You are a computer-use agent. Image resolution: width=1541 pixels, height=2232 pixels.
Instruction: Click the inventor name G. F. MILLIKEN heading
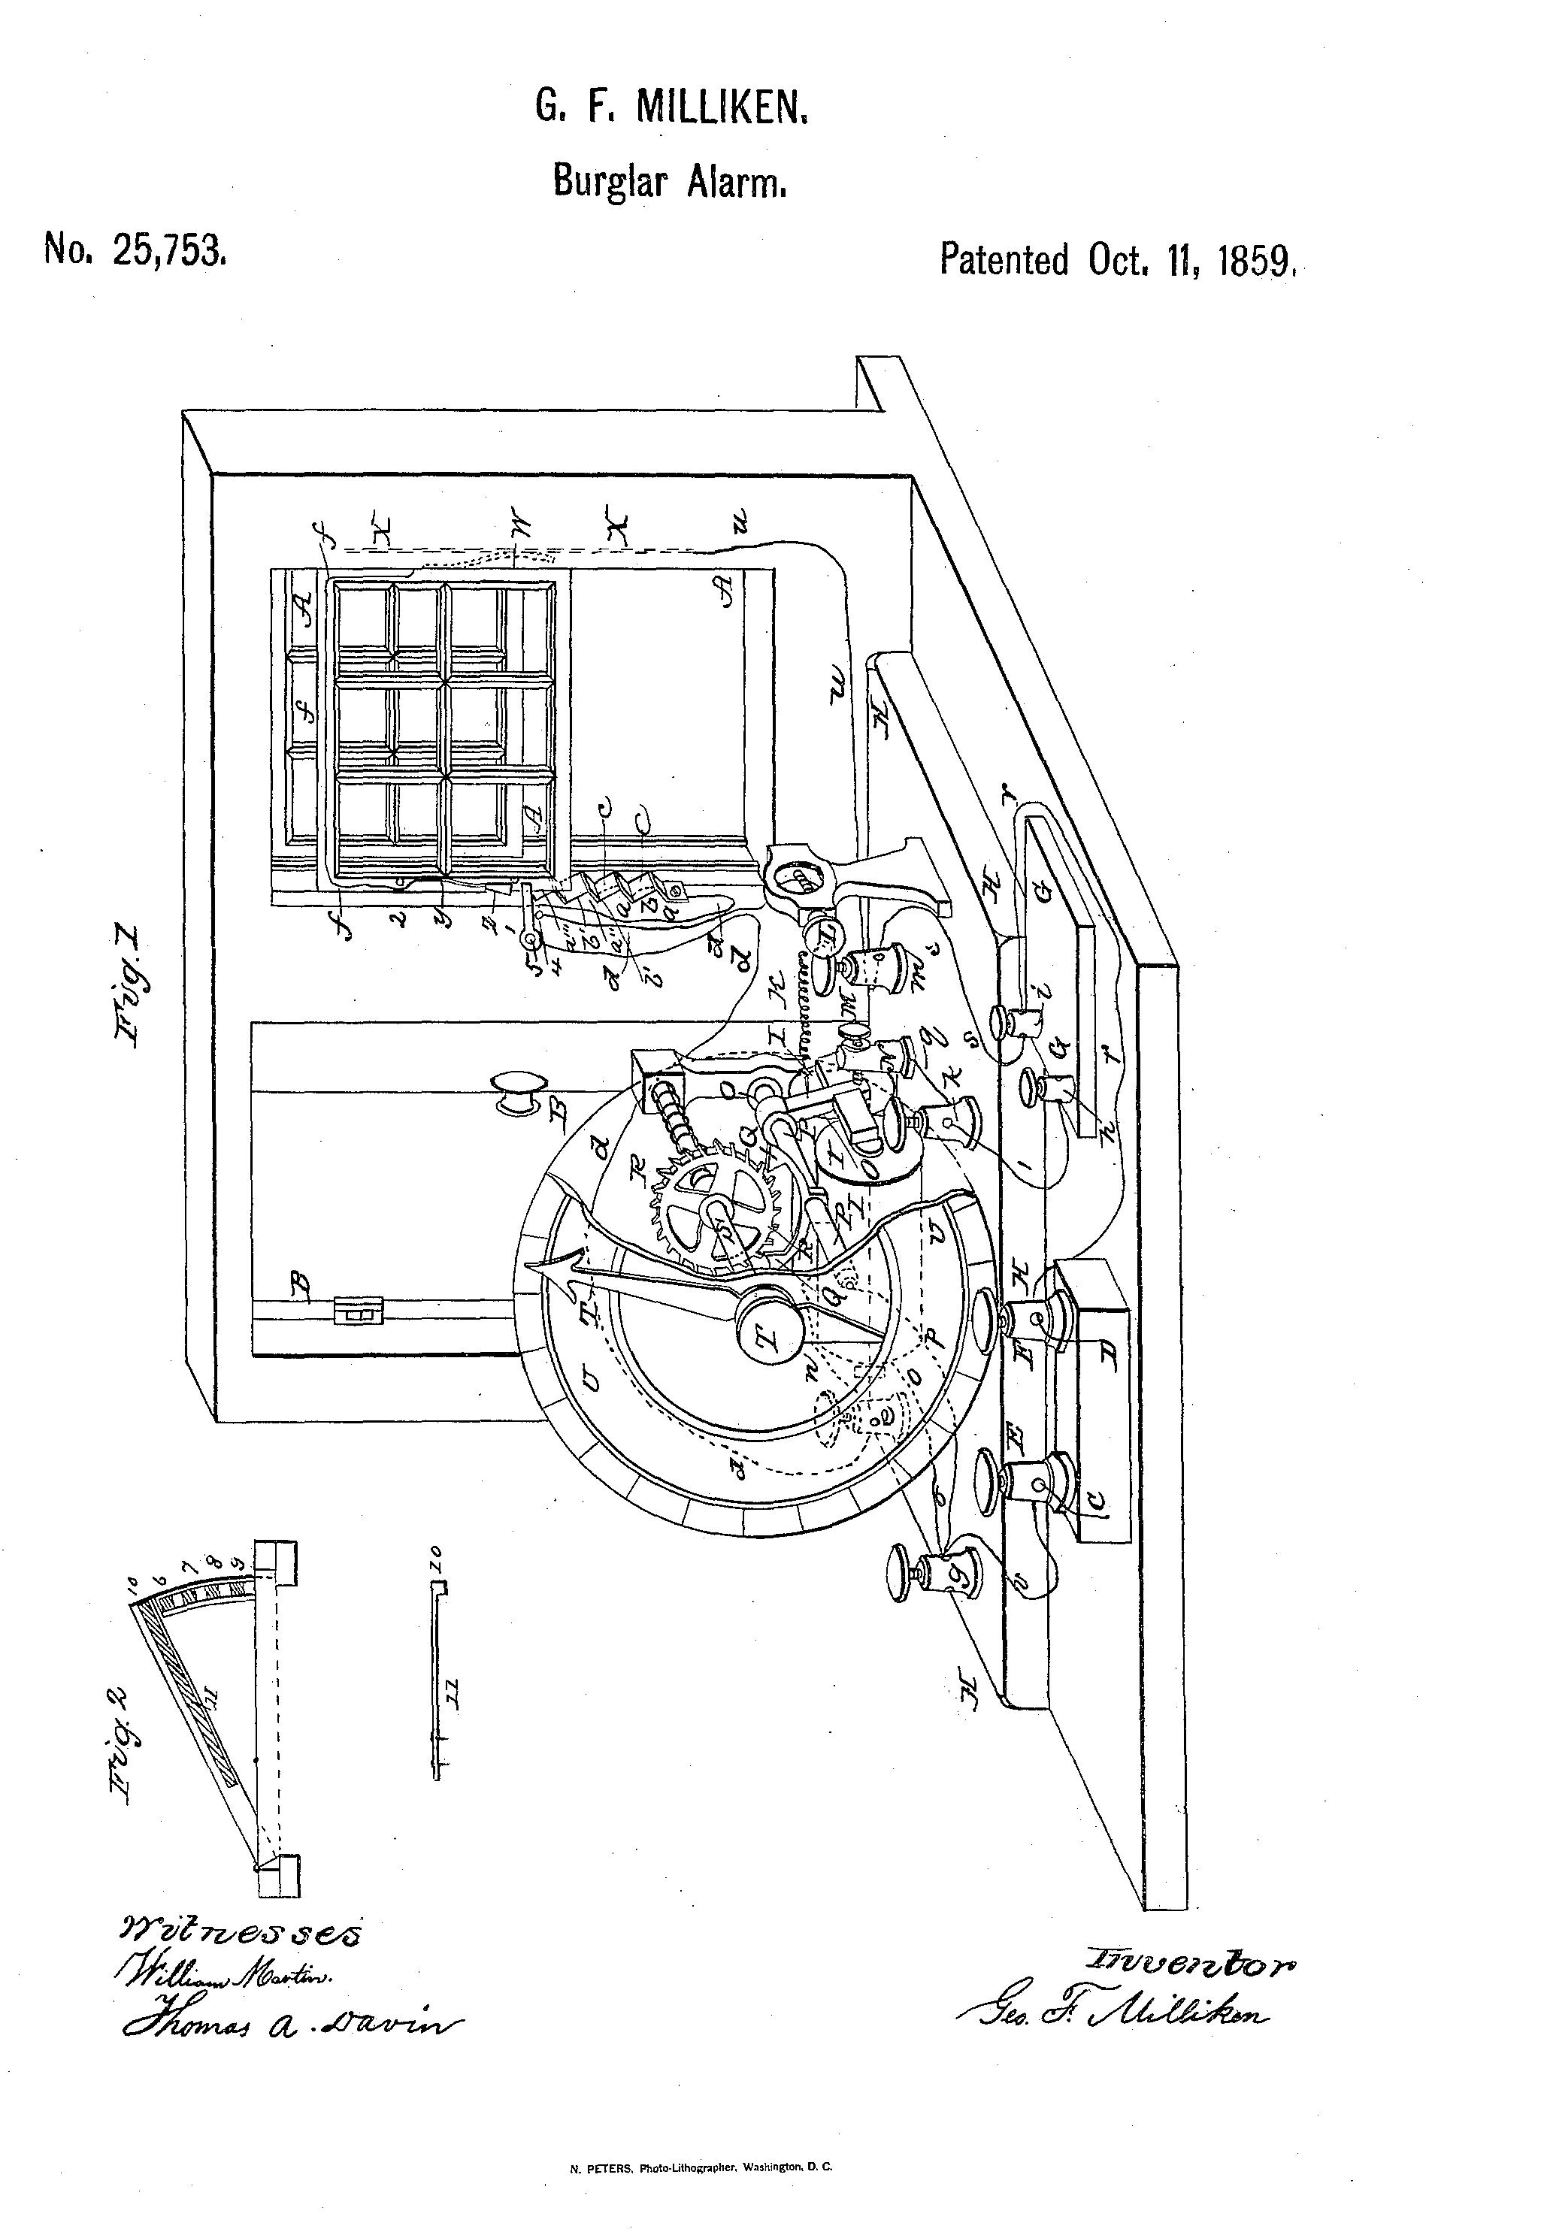[671, 108]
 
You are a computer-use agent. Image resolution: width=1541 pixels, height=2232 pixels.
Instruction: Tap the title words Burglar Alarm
[670, 180]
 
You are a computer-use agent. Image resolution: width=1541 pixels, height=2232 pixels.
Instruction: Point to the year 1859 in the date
[1255, 261]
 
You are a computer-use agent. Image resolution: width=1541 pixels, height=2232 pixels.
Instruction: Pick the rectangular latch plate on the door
[359, 1309]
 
